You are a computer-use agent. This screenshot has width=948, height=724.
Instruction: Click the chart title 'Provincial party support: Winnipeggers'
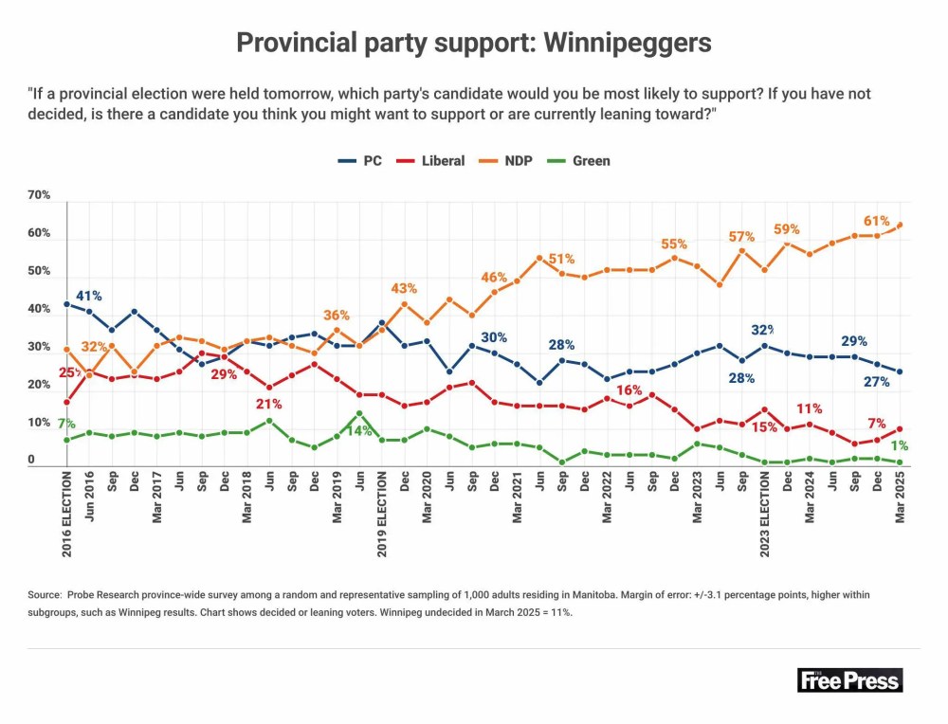coord(473,43)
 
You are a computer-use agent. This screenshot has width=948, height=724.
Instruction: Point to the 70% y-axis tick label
coord(39,195)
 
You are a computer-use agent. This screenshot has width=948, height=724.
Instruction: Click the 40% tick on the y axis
coord(39,309)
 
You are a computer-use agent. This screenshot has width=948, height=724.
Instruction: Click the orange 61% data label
coord(877,221)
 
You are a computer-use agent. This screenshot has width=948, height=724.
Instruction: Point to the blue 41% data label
coord(89,295)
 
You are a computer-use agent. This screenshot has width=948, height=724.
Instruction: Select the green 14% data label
coord(357,429)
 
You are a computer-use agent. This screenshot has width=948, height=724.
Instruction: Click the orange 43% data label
coord(405,288)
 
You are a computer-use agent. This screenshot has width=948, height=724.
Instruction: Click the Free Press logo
coord(849,679)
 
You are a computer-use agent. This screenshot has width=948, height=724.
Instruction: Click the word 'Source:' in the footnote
coord(45,594)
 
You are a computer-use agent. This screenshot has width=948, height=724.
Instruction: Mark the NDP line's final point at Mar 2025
coord(900,225)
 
